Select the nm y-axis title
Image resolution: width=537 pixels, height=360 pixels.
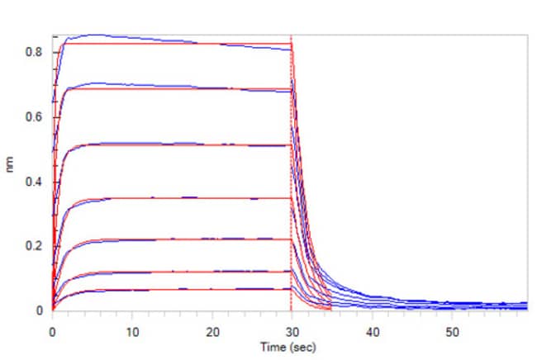click(x=11, y=173)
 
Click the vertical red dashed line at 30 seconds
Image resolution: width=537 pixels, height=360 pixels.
click(x=292, y=165)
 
